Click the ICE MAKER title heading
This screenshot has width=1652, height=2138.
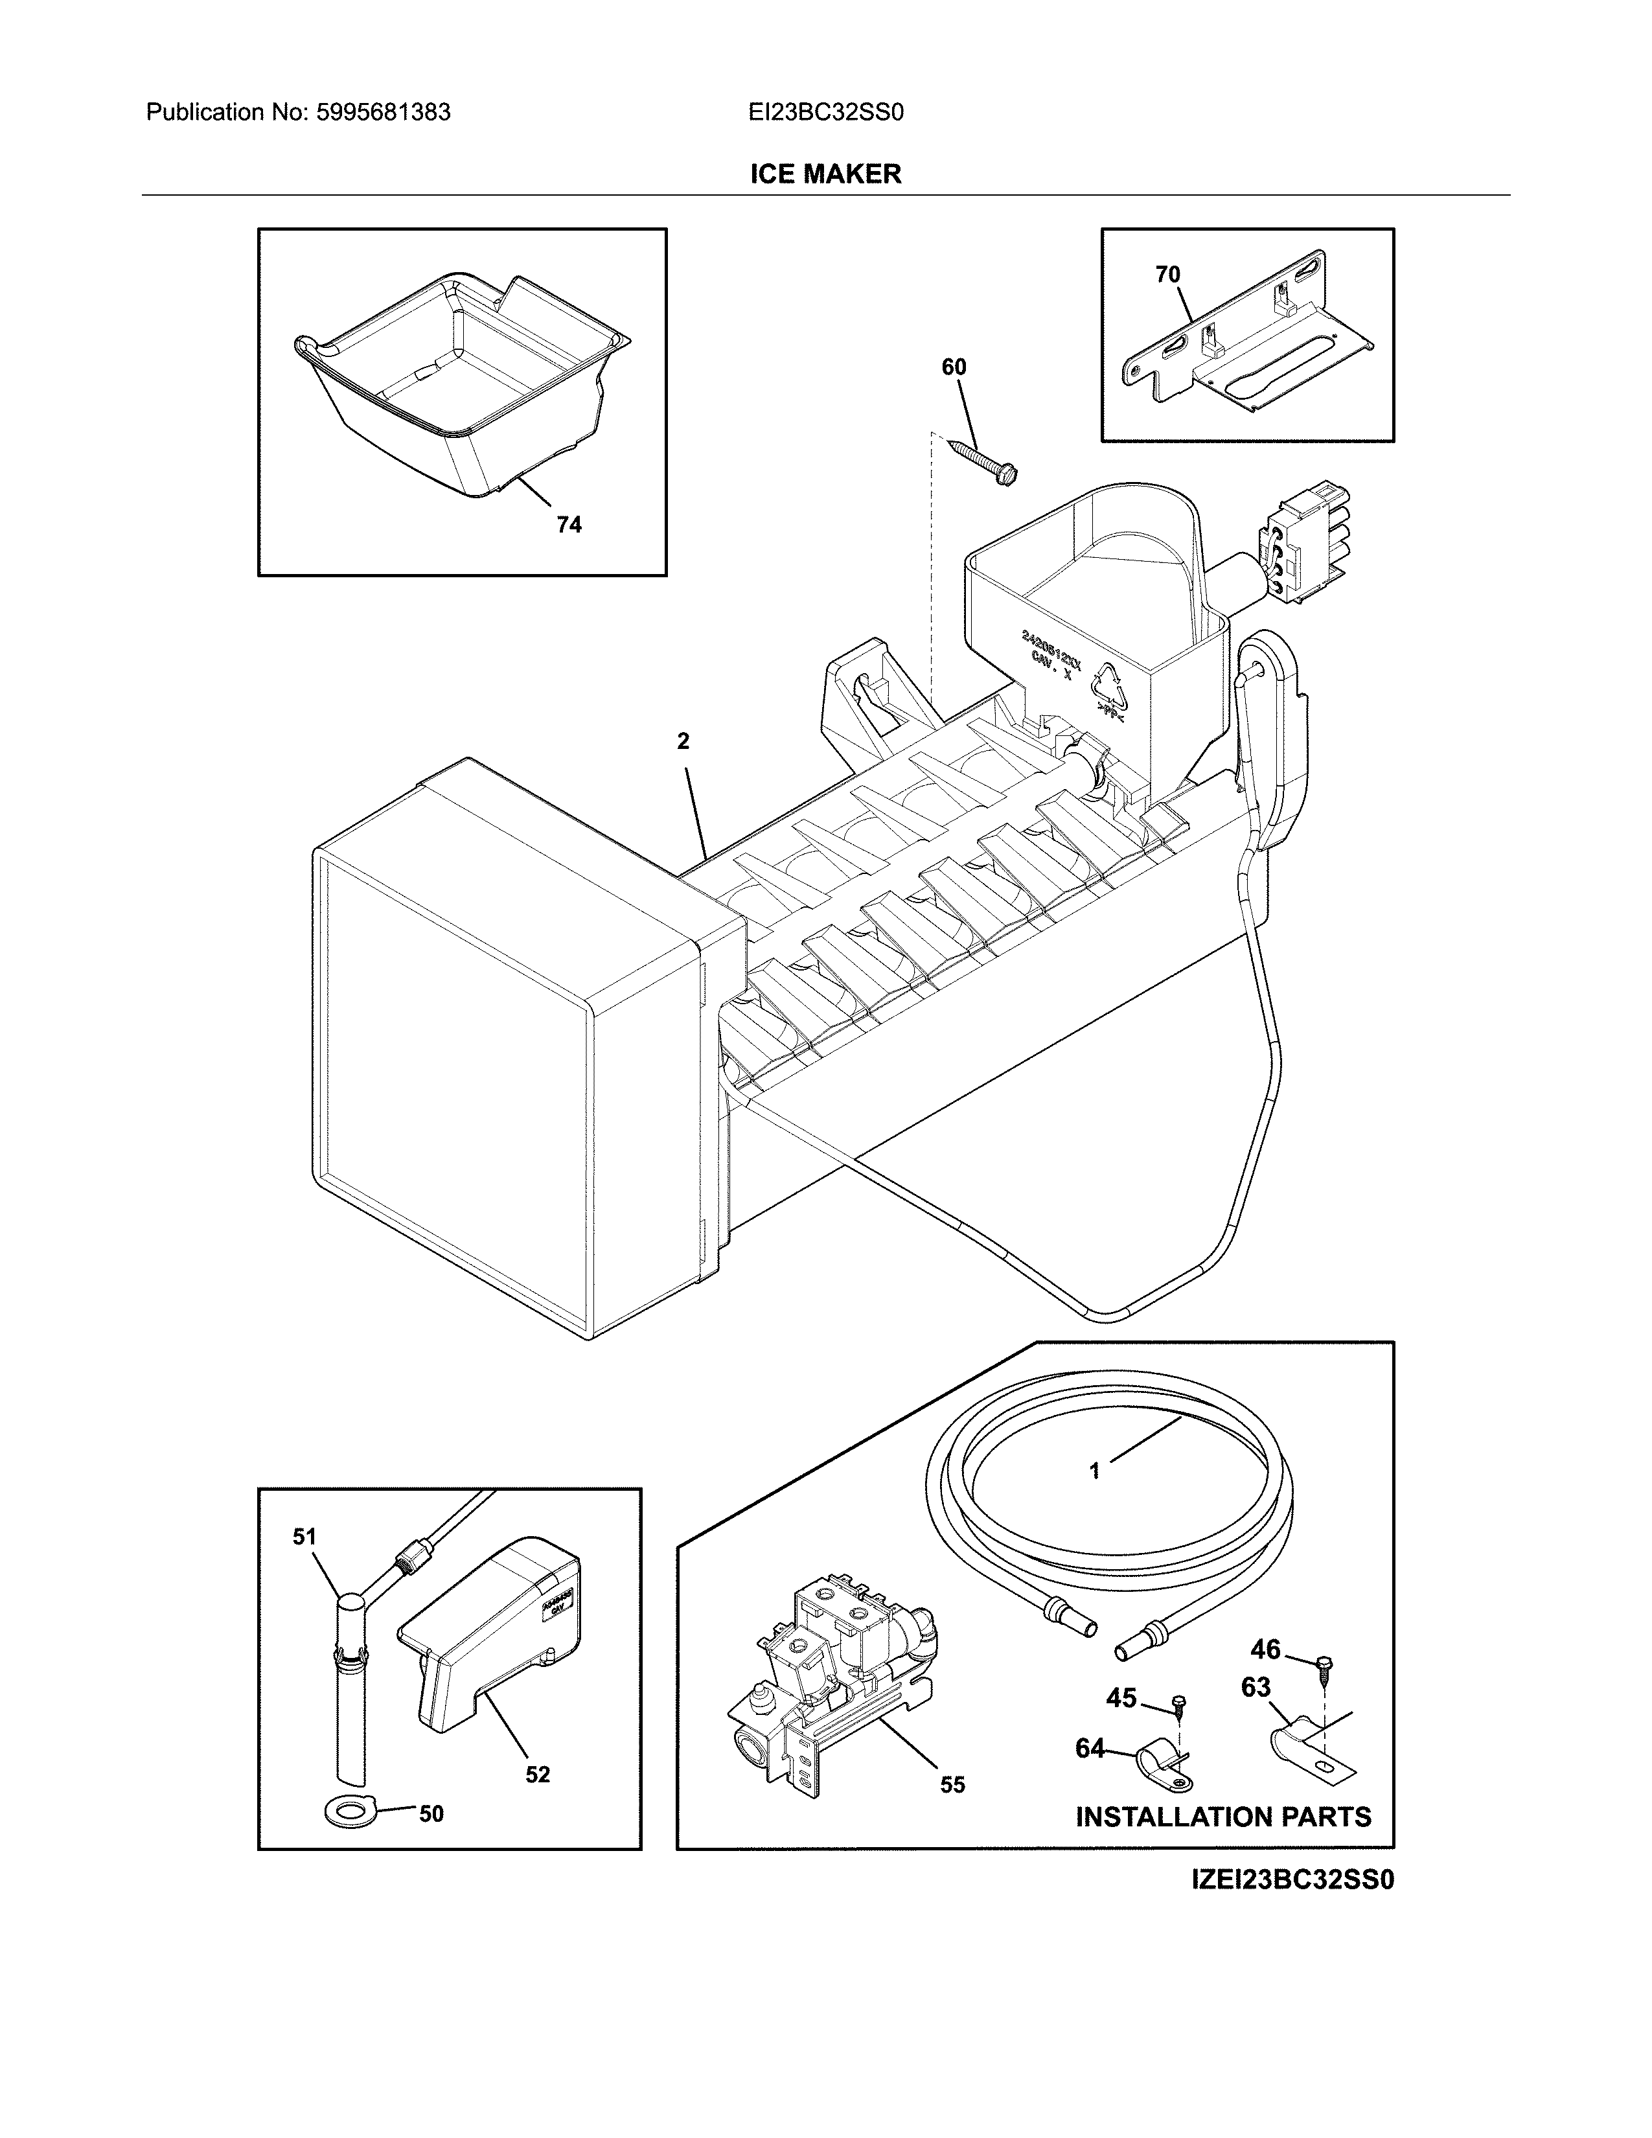click(x=825, y=174)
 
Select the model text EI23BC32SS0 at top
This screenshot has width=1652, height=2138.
click(x=825, y=113)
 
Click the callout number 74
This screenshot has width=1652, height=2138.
click(x=569, y=525)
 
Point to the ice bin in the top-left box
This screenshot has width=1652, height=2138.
click(x=460, y=391)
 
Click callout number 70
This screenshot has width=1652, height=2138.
click(x=1167, y=275)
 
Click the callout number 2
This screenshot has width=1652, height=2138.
click(x=683, y=742)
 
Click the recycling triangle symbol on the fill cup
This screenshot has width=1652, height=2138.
click(x=1112, y=685)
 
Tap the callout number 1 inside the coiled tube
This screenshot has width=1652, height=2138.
click(x=1094, y=1498)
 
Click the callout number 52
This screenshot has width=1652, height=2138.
click(x=537, y=1775)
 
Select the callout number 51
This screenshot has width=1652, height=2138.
click(x=304, y=1537)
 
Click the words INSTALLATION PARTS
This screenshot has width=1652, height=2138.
click(x=1223, y=1818)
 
